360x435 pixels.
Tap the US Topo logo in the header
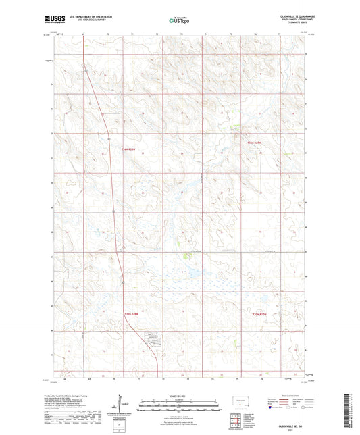pyautogui.click(x=180, y=21)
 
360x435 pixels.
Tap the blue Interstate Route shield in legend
pyautogui.click(x=272, y=407)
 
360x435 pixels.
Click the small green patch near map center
pyautogui.click(x=186, y=255)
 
